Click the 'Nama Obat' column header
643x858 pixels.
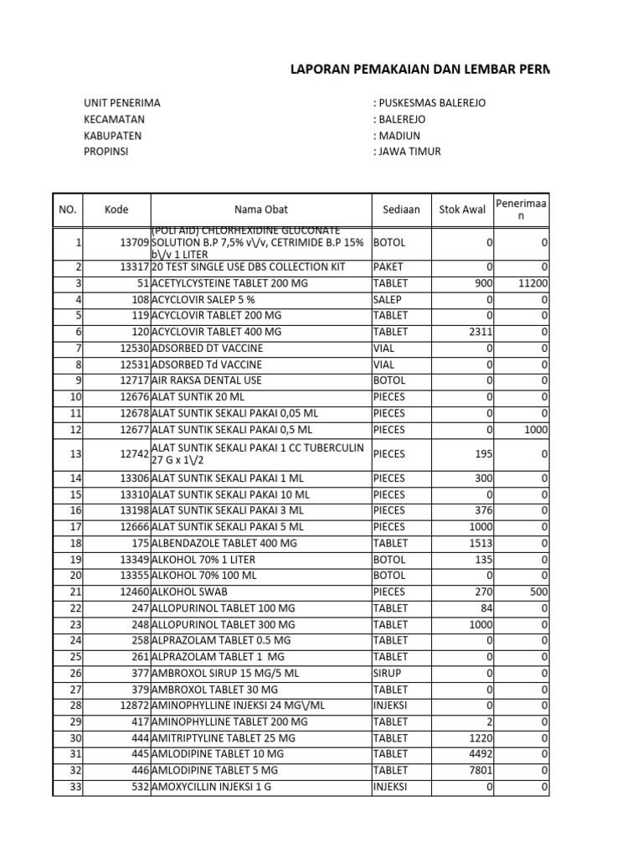(x=260, y=209)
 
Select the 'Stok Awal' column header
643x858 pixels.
(x=462, y=209)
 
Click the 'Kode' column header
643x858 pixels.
(x=116, y=209)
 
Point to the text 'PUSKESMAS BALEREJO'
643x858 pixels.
(x=432, y=103)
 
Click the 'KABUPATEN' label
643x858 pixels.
(x=113, y=136)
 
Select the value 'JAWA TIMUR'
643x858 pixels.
(x=409, y=152)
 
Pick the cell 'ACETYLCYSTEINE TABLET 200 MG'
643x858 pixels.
(x=229, y=283)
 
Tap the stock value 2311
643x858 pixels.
(x=481, y=332)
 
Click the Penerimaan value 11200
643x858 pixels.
(x=533, y=283)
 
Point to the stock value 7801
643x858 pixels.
(x=481, y=770)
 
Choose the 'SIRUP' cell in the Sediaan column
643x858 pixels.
(x=388, y=673)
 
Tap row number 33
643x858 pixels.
(x=75, y=786)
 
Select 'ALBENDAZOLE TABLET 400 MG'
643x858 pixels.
(x=224, y=543)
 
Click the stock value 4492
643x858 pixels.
(x=481, y=754)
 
